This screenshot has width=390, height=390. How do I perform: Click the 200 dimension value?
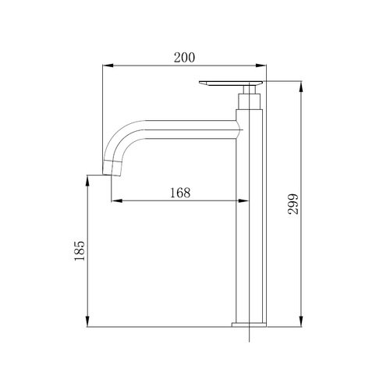(184, 58)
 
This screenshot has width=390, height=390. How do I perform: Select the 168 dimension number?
(180, 193)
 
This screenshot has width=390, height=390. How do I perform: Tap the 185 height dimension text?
(80, 251)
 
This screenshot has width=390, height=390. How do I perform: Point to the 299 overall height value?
(293, 204)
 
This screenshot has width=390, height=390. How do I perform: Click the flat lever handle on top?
(231, 83)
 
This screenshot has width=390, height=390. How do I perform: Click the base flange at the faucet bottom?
(249, 324)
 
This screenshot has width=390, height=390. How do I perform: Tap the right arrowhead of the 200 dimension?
(261, 66)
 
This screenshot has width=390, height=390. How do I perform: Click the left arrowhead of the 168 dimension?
(117, 200)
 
